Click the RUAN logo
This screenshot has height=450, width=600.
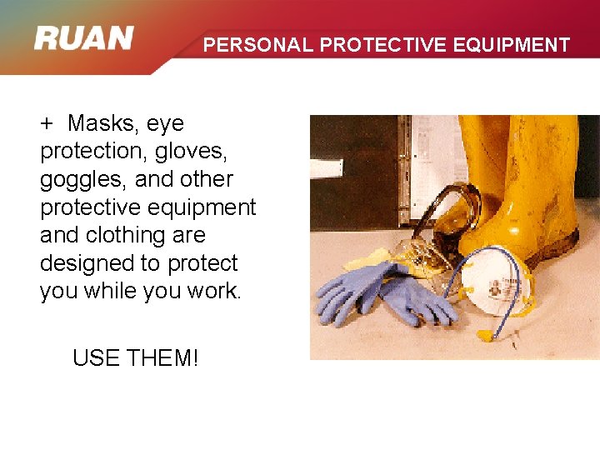[84, 39]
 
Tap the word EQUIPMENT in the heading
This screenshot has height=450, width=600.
[514, 45]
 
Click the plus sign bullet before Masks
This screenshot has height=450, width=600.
[47, 124]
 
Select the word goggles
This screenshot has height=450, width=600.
[77, 180]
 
